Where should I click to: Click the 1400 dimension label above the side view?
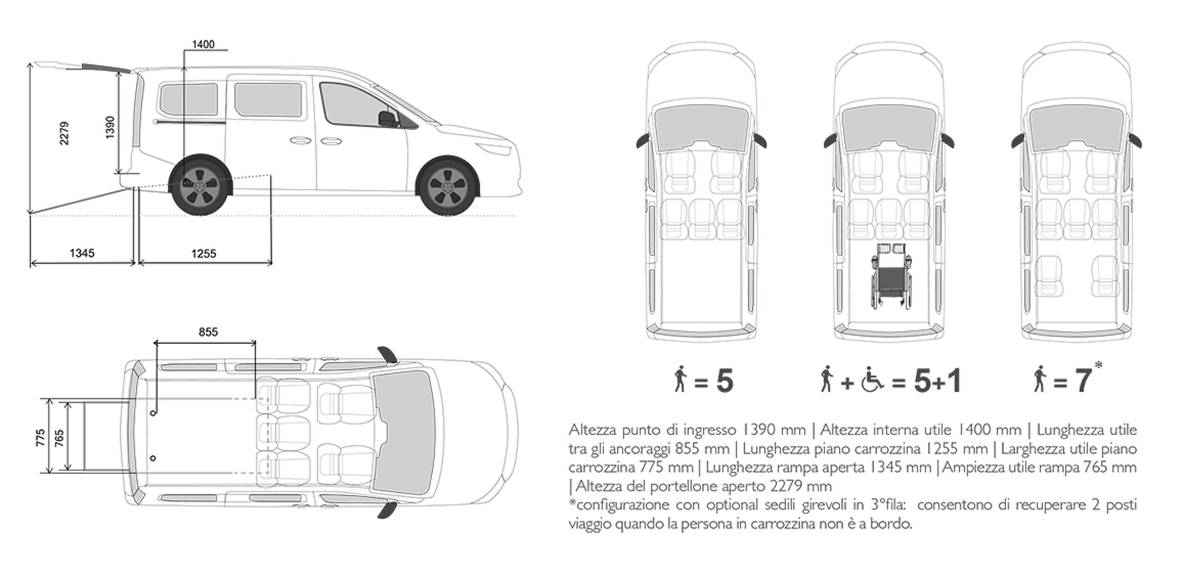click(203, 45)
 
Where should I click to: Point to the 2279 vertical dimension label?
click(64, 133)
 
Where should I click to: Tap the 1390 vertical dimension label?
click(109, 127)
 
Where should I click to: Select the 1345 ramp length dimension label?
click(82, 253)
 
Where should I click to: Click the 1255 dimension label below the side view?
click(204, 253)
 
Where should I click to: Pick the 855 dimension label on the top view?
click(208, 332)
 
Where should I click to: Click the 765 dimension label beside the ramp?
click(60, 438)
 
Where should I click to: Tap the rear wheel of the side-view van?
click(200, 184)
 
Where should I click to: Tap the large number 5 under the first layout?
click(725, 381)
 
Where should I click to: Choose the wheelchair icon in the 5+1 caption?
click(872, 381)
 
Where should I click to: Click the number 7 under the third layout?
click(1083, 381)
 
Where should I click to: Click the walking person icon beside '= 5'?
click(680, 380)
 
